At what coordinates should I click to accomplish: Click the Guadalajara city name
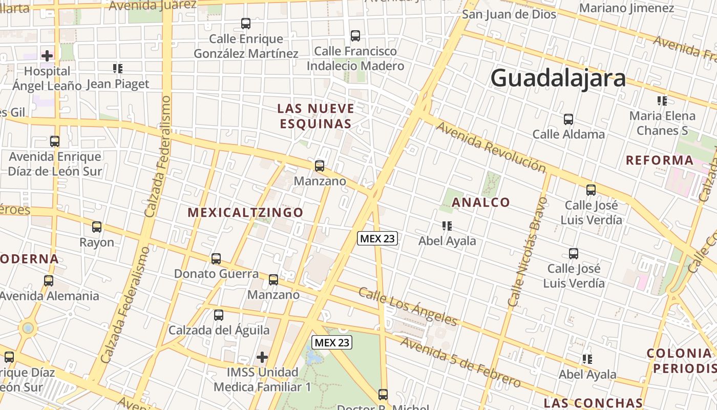click(558, 78)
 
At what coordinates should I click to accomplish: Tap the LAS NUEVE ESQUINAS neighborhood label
click(315, 116)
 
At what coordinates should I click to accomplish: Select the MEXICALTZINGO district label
click(245, 212)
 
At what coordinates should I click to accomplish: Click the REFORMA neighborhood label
click(660, 160)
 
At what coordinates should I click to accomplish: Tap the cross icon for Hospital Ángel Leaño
click(47, 55)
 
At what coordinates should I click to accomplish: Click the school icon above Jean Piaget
click(118, 68)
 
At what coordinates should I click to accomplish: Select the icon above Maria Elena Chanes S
click(662, 101)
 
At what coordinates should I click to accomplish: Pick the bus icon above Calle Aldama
click(568, 119)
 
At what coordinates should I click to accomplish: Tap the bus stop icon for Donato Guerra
click(216, 259)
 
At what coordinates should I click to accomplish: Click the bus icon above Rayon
click(97, 227)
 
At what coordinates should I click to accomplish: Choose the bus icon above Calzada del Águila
click(219, 315)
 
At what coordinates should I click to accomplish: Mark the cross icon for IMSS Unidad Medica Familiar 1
click(262, 357)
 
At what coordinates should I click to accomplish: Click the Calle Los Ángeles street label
click(407, 306)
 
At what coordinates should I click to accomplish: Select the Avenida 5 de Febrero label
click(461, 362)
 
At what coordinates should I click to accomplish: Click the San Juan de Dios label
click(509, 14)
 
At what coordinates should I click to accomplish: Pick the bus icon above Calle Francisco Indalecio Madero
click(355, 36)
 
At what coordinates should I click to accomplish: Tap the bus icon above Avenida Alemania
click(49, 281)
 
